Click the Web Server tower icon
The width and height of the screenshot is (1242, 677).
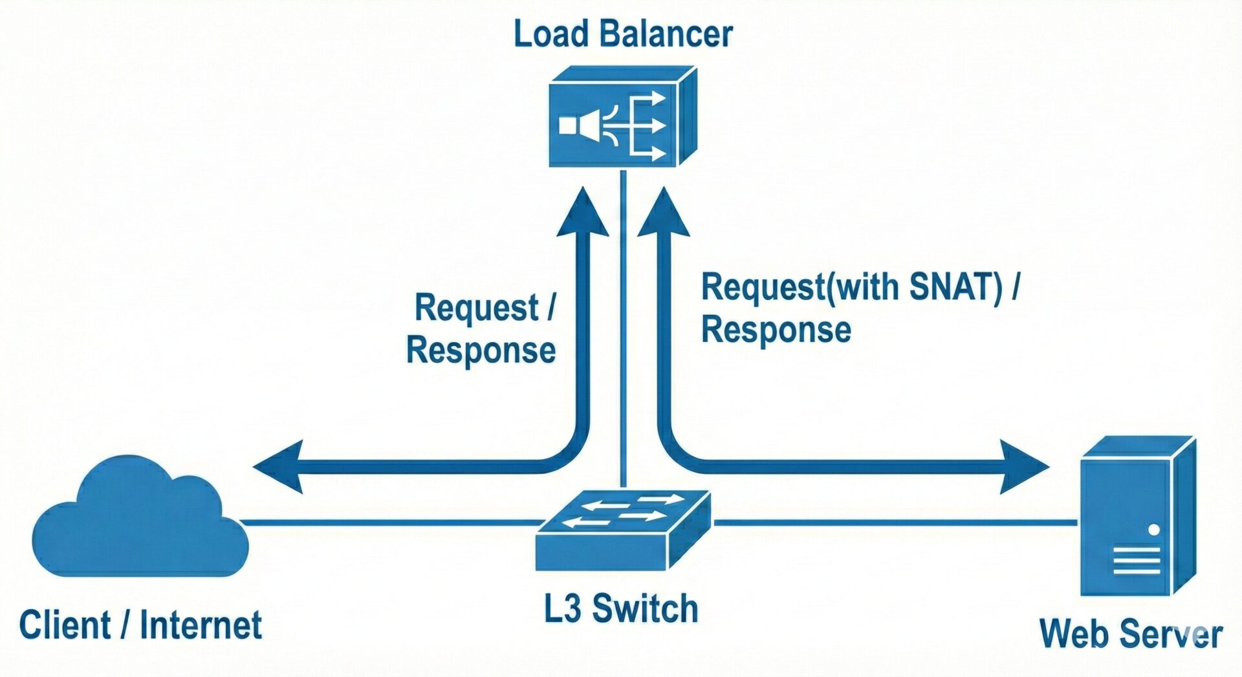coord(1137,517)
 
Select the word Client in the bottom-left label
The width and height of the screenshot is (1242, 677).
coord(65,625)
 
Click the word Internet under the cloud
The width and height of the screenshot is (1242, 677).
coord(201,625)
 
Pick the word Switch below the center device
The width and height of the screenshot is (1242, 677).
coord(645,609)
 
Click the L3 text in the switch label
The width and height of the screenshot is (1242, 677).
coord(562,609)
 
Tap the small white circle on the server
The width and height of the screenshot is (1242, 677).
coord(1153,530)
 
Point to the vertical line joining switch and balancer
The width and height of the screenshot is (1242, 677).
coord(623,323)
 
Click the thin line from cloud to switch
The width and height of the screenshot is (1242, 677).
coord(388,522)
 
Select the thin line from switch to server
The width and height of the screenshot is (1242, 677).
coord(893,522)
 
